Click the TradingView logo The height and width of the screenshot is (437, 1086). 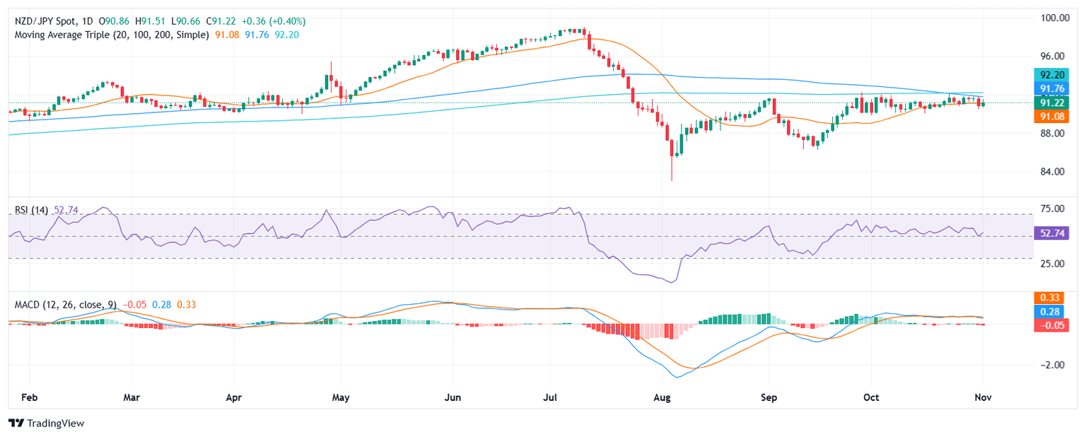[47, 423]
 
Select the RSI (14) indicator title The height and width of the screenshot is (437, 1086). [32, 210]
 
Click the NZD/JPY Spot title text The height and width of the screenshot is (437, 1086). [48, 21]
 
